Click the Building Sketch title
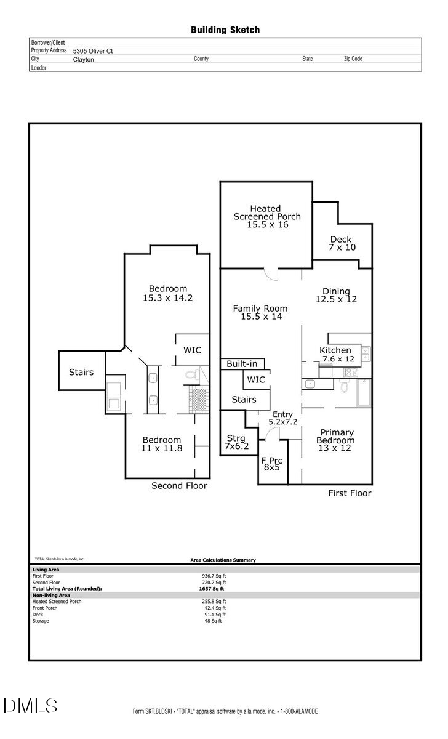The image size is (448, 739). (225, 30)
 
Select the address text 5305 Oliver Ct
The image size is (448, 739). (92, 51)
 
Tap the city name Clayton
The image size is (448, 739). (83, 59)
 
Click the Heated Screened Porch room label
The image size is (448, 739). (266, 217)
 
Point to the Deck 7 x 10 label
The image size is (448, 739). (342, 243)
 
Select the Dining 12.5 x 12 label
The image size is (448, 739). (336, 296)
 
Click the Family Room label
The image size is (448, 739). (257, 312)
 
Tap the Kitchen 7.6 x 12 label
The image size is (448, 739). (336, 354)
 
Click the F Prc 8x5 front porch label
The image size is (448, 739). (271, 464)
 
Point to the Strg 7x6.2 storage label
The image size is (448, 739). (236, 442)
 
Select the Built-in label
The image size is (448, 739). (242, 364)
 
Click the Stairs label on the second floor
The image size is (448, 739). (81, 372)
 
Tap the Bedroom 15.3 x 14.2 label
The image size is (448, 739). (168, 293)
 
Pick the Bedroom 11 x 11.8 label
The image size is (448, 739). (162, 444)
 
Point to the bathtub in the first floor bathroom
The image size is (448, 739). (364, 393)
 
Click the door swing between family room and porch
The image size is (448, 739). (271, 274)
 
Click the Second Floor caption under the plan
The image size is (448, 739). (179, 486)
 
